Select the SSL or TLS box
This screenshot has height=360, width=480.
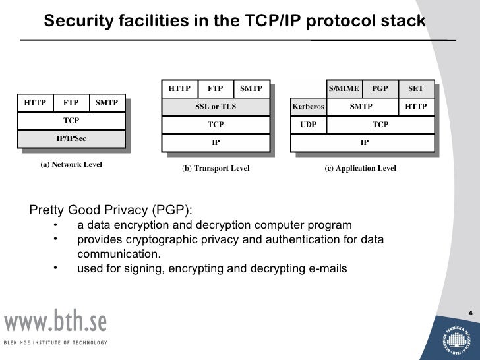coord(215,106)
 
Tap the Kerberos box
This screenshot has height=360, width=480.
coord(309,106)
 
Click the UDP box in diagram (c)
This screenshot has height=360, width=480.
coord(309,124)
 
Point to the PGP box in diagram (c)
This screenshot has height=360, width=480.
coord(380,88)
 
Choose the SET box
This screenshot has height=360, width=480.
coord(416,88)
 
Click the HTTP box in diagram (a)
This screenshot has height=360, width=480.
coord(35,103)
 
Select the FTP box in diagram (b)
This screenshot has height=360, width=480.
coord(215,88)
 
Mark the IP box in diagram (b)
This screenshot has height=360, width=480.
coord(215,142)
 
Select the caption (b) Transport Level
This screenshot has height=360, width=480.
coord(215,169)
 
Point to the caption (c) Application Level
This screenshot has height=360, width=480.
coord(361,169)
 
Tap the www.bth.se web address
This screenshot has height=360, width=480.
coord(55,322)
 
